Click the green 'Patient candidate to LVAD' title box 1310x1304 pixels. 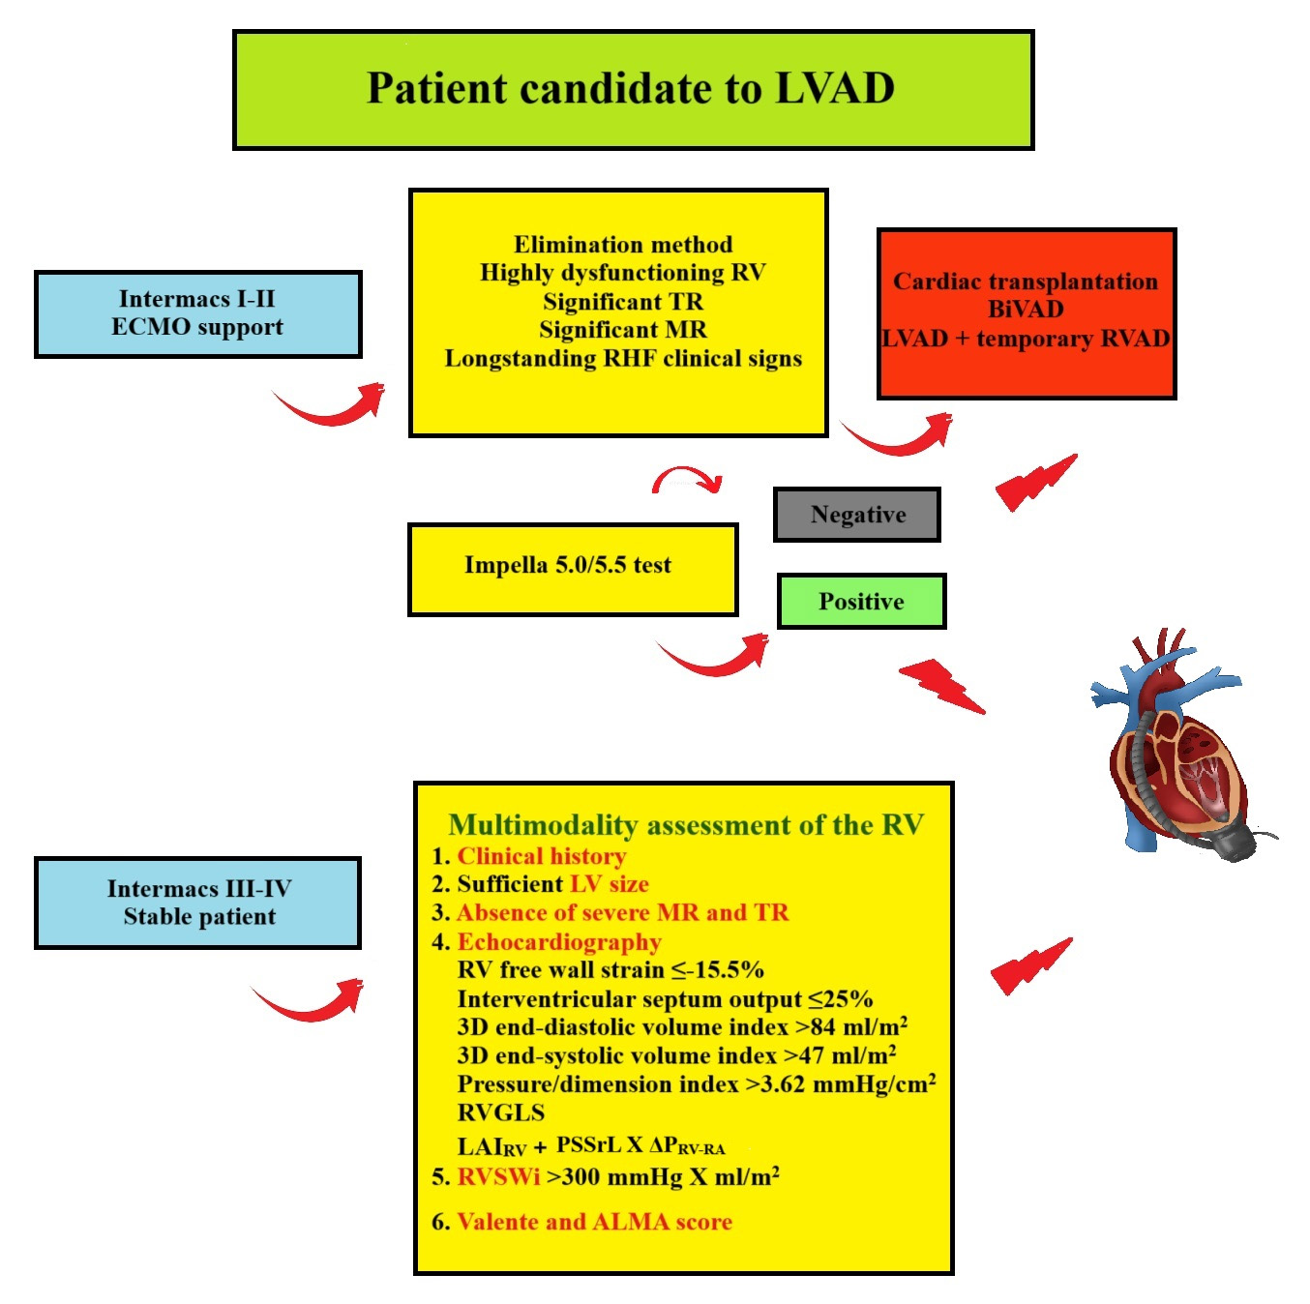click(x=633, y=90)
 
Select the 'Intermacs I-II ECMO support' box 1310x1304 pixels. click(x=197, y=313)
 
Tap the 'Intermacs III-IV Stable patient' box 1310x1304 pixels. click(x=197, y=903)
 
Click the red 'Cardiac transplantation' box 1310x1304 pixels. click(x=1026, y=313)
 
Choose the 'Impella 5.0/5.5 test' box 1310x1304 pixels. click(x=572, y=569)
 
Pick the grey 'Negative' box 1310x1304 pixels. click(x=857, y=515)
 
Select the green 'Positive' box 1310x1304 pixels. click(x=861, y=602)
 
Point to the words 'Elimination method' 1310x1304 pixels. click(x=622, y=245)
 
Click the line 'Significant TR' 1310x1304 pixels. click(x=622, y=302)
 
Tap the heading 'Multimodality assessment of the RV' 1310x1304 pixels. click(x=685, y=825)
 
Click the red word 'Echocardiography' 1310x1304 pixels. click(x=558, y=942)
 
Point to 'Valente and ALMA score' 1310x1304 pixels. click(x=594, y=1222)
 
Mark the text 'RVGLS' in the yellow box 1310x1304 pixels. click(x=500, y=1112)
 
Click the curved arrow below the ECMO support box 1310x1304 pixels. click(x=330, y=405)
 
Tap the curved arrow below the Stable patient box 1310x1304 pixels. click(x=309, y=1000)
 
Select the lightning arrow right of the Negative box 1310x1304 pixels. click(x=1035, y=481)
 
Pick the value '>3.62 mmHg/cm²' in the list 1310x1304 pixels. click(x=840, y=1083)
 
